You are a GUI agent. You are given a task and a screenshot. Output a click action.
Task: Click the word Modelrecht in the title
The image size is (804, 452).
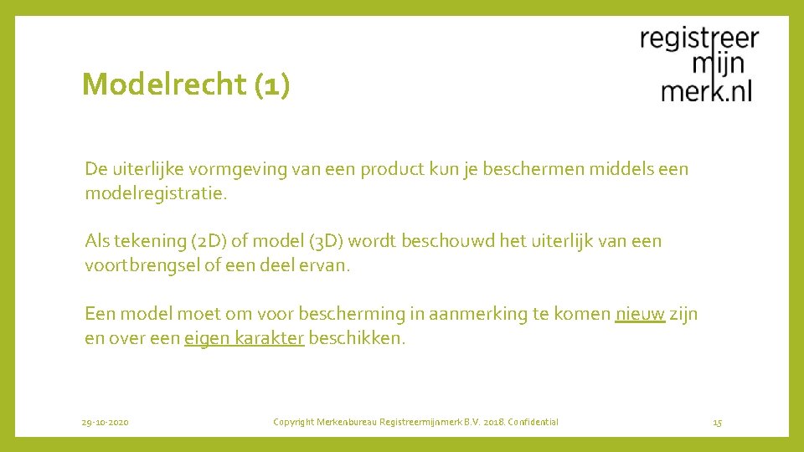click(x=163, y=85)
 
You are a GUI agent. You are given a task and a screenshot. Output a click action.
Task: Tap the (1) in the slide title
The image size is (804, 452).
click(x=271, y=85)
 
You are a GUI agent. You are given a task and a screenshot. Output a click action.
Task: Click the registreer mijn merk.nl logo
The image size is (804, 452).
click(x=699, y=65)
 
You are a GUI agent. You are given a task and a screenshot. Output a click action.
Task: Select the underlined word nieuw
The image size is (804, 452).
click(x=640, y=314)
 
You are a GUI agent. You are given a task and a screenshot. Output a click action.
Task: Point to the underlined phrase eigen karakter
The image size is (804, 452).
click(x=244, y=338)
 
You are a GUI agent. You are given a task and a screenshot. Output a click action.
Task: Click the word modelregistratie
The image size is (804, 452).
click(x=155, y=193)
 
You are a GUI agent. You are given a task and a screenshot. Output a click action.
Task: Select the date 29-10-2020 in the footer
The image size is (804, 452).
click(x=106, y=423)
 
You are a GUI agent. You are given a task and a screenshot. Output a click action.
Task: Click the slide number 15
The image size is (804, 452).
click(x=717, y=423)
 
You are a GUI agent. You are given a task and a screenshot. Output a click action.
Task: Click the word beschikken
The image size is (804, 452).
click(x=357, y=338)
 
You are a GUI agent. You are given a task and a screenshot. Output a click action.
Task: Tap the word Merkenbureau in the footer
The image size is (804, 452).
click(x=347, y=423)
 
